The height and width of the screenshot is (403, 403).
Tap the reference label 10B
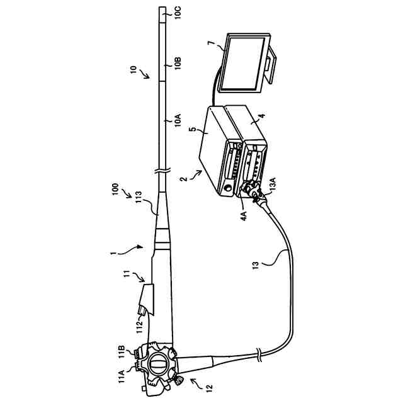[x=178, y=64]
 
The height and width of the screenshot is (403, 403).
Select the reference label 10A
[x=178, y=120]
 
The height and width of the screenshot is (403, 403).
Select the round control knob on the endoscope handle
[x=158, y=365]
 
